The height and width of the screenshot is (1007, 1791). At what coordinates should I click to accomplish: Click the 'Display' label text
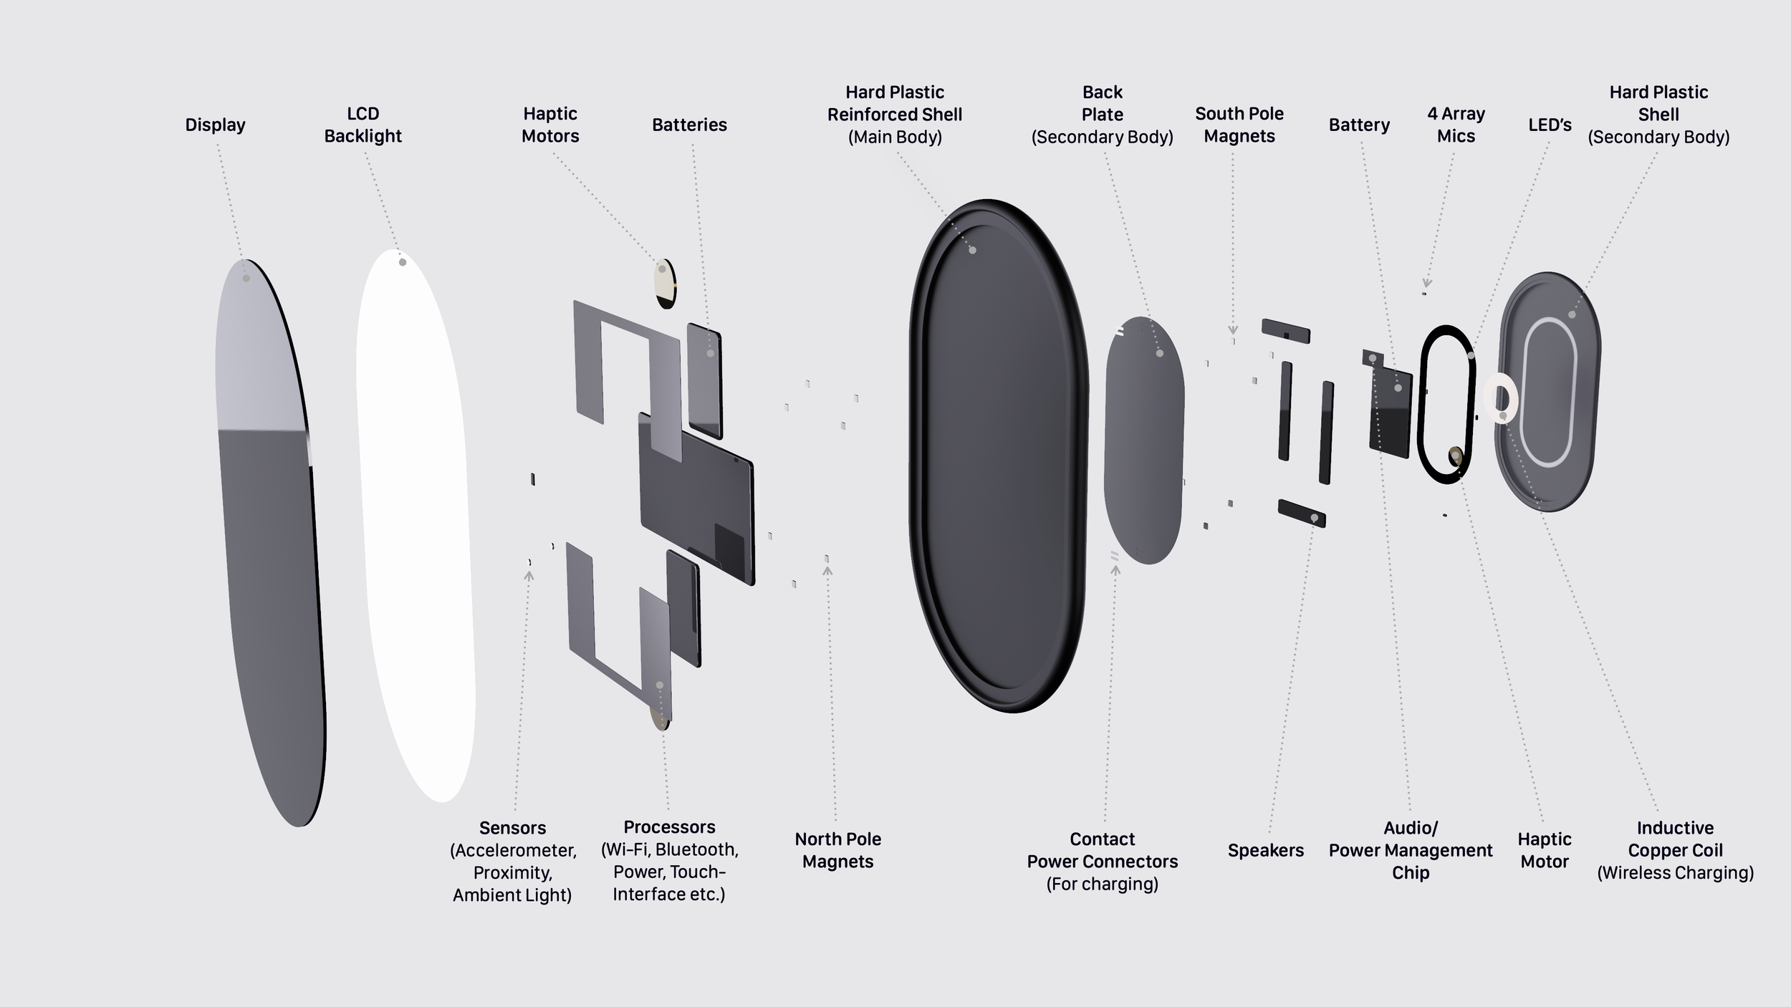[215, 125]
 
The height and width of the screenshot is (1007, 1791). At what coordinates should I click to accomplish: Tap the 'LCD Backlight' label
[362, 125]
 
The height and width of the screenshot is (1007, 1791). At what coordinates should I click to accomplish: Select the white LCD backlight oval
[416, 523]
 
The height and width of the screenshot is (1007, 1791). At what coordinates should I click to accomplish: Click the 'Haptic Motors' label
[550, 125]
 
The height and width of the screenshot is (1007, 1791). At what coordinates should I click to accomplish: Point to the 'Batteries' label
[689, 125]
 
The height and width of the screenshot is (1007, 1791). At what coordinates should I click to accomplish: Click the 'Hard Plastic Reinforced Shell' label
[895, 114]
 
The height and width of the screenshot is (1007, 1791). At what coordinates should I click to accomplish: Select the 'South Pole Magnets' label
[1239, 125]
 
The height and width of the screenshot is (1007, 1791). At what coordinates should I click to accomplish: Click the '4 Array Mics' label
[1456, 125]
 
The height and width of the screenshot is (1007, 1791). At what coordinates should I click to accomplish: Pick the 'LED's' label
[1550, 125]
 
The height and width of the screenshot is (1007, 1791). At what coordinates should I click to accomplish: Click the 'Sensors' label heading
[512, 828]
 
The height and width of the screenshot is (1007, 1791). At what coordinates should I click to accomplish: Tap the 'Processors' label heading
[669, 827]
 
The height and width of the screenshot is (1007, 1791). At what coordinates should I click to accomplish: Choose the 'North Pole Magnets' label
[837, 850]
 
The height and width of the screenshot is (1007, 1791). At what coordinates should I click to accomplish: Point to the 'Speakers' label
[1265, 850]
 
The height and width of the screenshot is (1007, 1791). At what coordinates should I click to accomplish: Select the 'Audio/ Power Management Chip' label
[1410, 850]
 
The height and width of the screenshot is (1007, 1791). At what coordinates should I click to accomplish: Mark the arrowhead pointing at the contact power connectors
[1115, 570]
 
